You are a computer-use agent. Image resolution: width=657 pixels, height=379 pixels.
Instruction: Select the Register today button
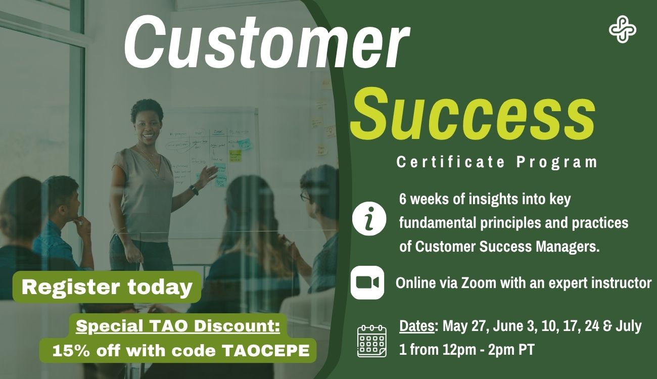pyautogui.click(x=107, y=287)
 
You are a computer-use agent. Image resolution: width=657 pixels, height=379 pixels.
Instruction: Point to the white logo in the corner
pyautogui.click(x=622, y=30)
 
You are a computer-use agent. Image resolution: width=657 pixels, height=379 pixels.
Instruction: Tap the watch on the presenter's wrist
pyautogui.click(x=194, y=189)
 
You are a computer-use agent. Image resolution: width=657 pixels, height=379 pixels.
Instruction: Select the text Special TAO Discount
pyautogui.click(x=178, y=326)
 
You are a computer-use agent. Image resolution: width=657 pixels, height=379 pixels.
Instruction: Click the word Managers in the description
pyautogui.click(x=565, y=247)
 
